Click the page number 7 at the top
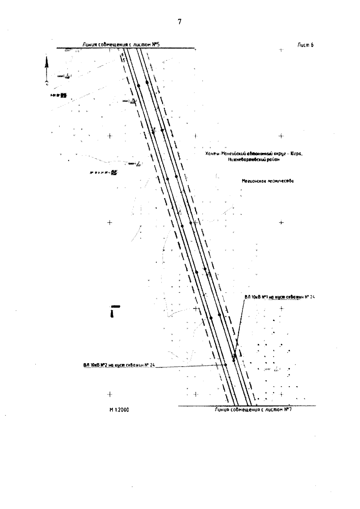[x=180, y=22]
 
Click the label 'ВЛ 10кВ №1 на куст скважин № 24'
[x=279, y=297]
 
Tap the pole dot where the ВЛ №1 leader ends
[x=234, y=360]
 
